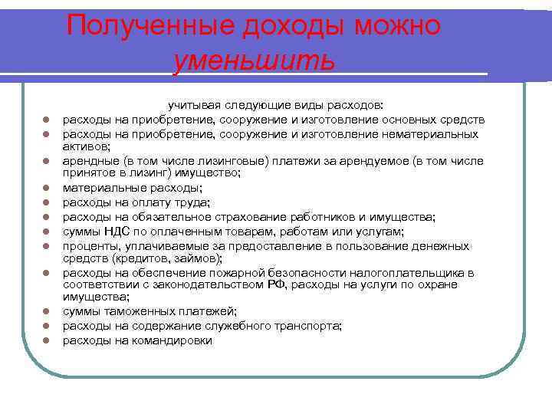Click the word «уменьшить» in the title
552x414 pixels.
click(254, 60)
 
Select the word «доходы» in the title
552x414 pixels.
click(284, 25)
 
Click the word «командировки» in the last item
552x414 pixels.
click(176, 340)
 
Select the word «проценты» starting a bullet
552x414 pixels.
click(90, 246)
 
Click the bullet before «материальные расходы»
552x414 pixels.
click(46, 188)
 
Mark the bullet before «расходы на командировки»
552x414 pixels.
click(46, 341)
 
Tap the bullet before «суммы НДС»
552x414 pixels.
click(46, 232)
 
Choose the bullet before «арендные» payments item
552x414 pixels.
click(46, 161)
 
